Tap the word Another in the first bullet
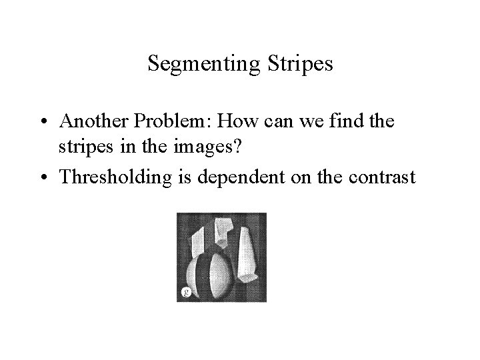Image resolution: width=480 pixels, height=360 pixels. (88, 121)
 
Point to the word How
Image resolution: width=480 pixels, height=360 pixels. (216, 121)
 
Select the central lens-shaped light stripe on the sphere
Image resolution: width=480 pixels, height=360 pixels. (215, 273)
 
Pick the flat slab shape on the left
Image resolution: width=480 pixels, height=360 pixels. (199, 243)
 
